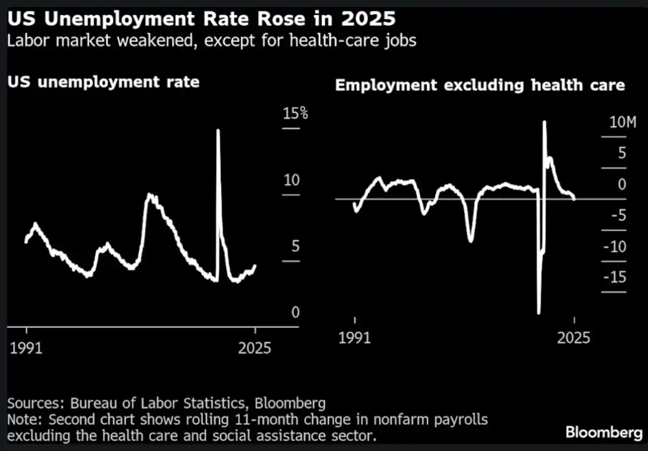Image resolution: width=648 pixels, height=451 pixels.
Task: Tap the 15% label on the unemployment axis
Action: (x=295, y=114)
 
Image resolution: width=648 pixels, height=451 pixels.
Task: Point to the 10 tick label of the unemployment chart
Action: (x=291, y=180)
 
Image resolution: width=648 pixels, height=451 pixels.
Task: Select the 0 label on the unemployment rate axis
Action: (x=294, y=313)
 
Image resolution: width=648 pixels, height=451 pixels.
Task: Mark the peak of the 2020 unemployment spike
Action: (x=218, y=130)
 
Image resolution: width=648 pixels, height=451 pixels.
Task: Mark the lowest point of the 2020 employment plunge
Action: (x=539, y=312)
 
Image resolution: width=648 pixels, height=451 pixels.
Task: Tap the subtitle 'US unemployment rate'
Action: (x=104, y=82)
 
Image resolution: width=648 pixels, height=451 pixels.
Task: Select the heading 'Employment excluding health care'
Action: (x=480, y=85)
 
